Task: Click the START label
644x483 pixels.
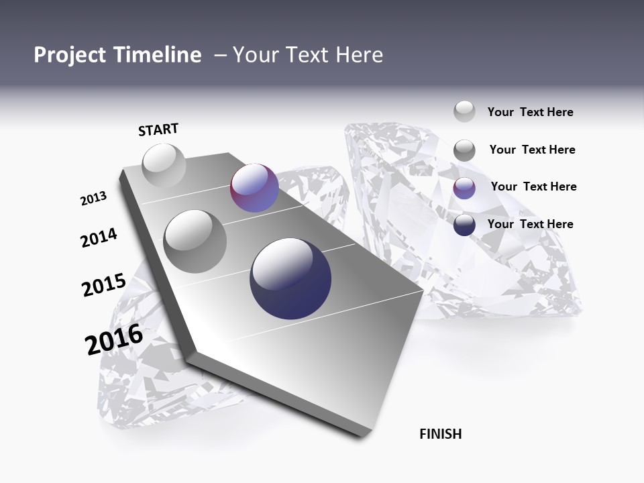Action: [158, 129]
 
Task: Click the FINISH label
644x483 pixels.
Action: [440, 434]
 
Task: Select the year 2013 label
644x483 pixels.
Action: [93, 199]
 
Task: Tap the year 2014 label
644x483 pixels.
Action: [99, 238]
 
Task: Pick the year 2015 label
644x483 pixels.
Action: [103, 285]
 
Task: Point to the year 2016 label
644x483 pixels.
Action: [114, 339]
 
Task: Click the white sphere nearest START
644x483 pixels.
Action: [164, 165]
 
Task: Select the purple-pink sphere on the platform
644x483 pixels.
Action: [254, 188]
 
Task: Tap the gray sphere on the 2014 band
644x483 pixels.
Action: [195, 241]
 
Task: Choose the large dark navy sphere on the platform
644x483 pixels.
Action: [290, 278]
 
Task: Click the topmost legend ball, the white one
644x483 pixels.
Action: [464, 112]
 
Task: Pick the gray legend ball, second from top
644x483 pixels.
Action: [464, 150]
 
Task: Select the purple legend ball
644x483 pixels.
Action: [464, 188]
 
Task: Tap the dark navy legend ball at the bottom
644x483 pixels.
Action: [464, 225]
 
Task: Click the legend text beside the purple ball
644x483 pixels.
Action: [533, 186]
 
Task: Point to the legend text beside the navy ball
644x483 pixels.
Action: [530, 224]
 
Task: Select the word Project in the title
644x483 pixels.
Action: [68, 55]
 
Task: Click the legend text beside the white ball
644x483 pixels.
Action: [530, 112]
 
